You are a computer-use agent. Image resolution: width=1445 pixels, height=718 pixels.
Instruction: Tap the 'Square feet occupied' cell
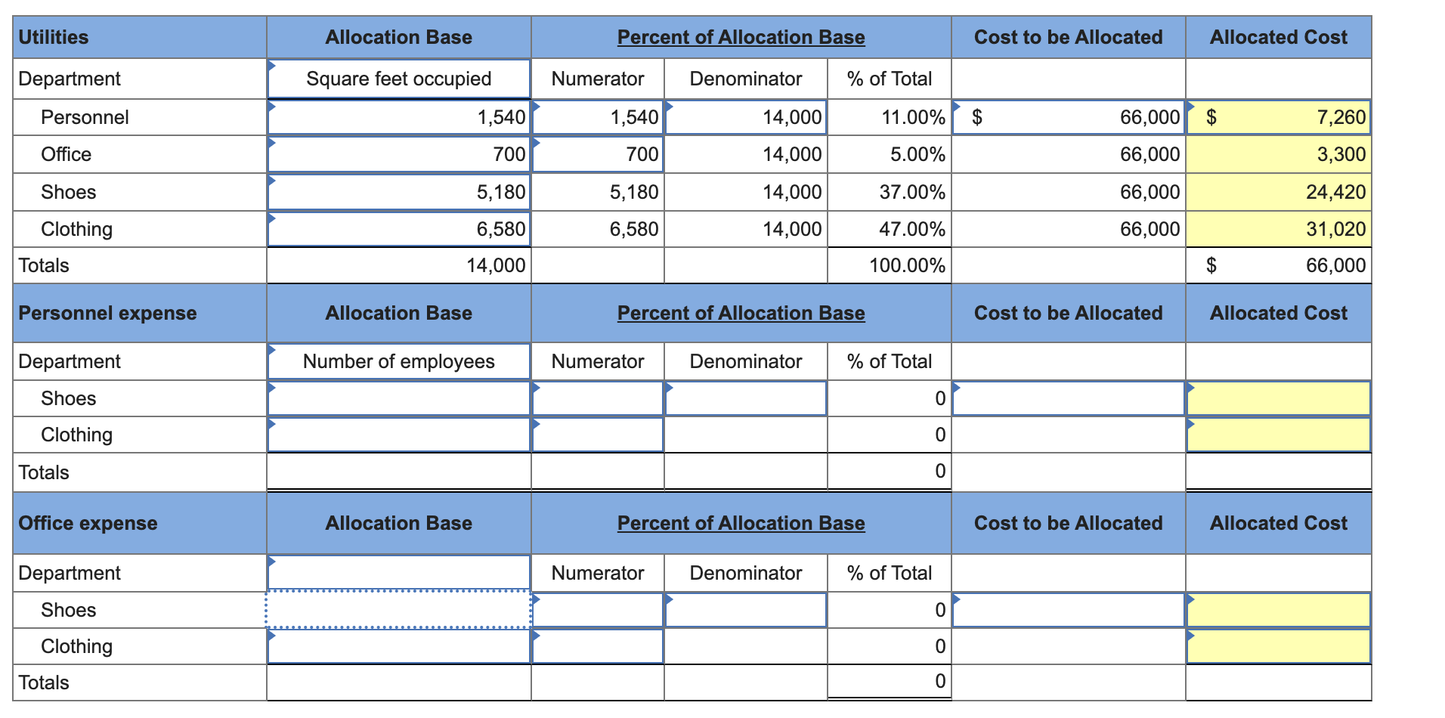[398, 79]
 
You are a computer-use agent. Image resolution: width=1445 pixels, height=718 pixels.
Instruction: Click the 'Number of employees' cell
[398, 361]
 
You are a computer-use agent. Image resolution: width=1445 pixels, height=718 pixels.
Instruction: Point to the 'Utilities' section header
[54, 37]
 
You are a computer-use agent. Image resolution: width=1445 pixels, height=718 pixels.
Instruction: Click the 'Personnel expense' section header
[107, 313]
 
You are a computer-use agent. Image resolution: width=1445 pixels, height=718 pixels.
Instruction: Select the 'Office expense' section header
[88, 523]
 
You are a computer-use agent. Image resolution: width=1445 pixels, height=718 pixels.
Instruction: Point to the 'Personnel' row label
[85, 117]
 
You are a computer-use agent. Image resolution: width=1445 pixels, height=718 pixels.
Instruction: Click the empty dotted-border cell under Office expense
[398, 609]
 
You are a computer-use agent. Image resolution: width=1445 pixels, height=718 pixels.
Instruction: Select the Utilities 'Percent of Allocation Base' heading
[741, 37]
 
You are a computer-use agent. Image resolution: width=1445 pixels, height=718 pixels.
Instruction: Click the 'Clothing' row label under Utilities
[76, 229]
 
